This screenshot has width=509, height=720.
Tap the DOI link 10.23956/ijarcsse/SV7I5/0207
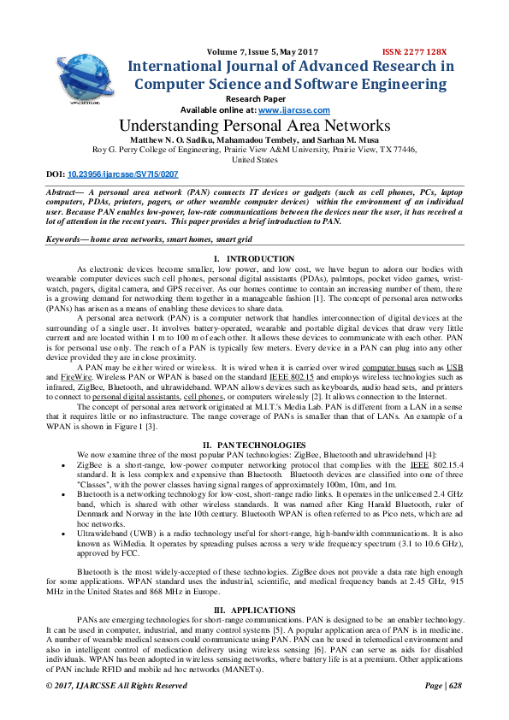[124, 174]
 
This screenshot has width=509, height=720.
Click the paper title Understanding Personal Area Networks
[254, 127]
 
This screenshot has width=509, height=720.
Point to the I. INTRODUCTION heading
[254, 259]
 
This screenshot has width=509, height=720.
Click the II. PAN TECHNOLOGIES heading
[254, 445]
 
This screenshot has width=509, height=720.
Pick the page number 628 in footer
[454, 710]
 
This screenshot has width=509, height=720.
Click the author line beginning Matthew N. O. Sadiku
[254, 139]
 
